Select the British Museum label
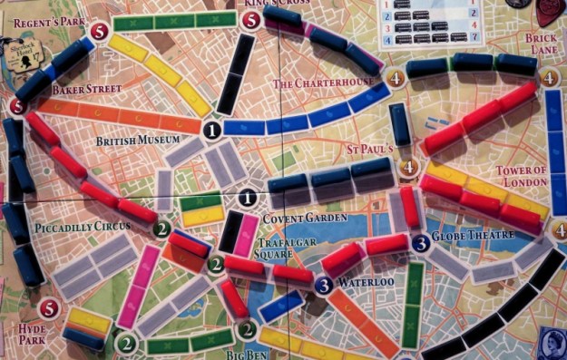pos(137,141)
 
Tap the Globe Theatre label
pos(472,236)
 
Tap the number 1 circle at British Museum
pos(211,131)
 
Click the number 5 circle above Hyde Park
pos(49,308)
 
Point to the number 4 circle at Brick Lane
pos(550,79)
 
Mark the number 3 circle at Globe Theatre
pos(420,242)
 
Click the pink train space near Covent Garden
pos(243,234)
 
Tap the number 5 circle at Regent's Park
pos(98,33)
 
